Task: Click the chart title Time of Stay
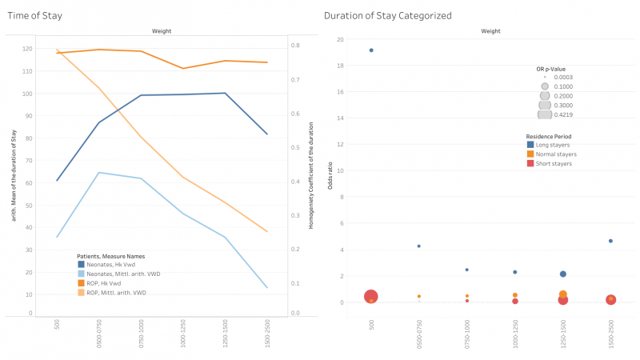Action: (33, 15)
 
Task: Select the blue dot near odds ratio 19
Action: (371, 50)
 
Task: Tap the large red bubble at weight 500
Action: (371, 297)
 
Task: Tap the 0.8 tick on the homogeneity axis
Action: (294, 46)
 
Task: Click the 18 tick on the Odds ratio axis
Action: (340, 66)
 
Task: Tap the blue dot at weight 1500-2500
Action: (610, 241)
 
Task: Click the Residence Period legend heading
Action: (546, 136)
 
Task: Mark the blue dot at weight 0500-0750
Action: (418, 246)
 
